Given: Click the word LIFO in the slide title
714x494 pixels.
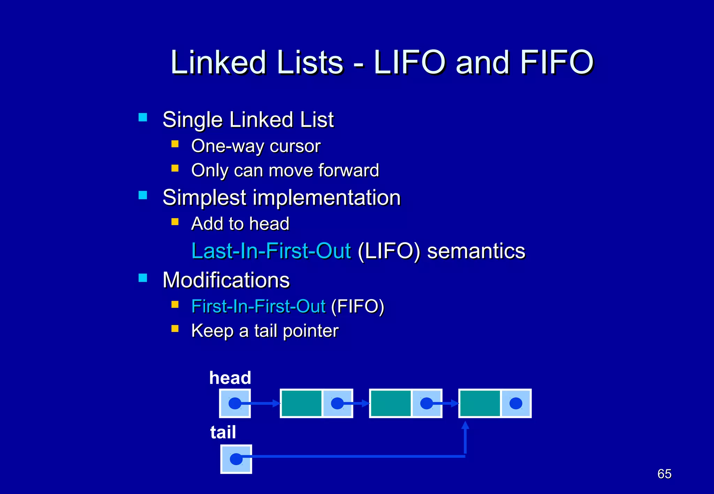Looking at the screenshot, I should pyautogui.click(x=410, y=63).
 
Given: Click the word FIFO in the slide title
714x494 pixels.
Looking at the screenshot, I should pyautogui.click(x=557, y=63).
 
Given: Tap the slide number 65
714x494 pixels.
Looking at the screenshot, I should pyautogui.click(x=664, y=474).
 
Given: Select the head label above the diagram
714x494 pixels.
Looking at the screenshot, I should pyautogui.click(x=230, y=378).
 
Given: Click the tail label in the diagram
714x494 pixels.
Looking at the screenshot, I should pyautogui.click(x=223, y=432).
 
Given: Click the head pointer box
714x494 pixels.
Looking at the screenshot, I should pyautogui.click(x=235, y=403).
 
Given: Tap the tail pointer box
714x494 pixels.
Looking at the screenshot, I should pyautogui.click(x=236, y=459).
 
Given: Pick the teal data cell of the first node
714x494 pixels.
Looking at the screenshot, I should pyautogui.click(x=302, y=403).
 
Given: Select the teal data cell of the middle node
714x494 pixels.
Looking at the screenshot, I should pyautogui.click(x=391, y=403).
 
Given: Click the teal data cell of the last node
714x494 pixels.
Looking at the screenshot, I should pyautogui.click(x=480, y=403).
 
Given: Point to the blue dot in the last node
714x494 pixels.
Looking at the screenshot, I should pyautogui.click(x=516, y=403).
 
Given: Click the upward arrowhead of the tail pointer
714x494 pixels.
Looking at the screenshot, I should pyautogui.click(x=465, y=425).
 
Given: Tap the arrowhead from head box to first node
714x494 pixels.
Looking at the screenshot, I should pyautogui.click(x=277, y=403).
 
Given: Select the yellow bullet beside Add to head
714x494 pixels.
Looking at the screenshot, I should pyautogui.click(x=175, y=222).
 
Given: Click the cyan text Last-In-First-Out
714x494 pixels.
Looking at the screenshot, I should pyautogui.click(x=271, y=251).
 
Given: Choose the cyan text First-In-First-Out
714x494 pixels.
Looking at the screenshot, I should pyautogui.click(x=258, y=307).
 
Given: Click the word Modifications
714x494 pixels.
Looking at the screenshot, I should pyautogui.click(x=226, y=280).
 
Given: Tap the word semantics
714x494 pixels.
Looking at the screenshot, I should pyautogui.click(x=476, y=251).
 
